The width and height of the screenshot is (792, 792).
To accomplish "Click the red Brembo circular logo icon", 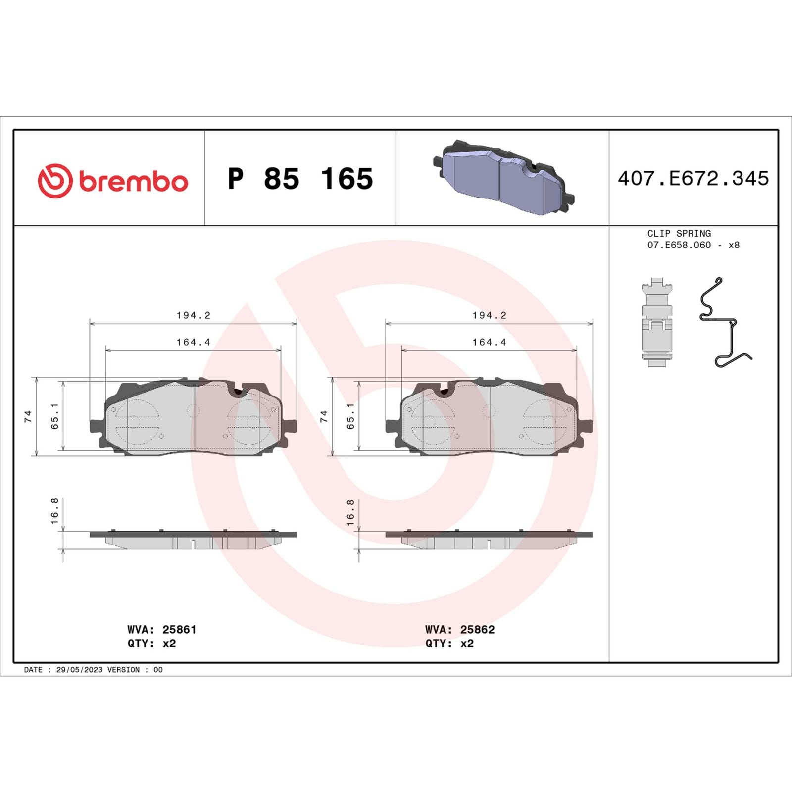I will [x=55, y=181].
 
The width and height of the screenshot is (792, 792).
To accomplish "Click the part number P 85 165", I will [x=300, y=179].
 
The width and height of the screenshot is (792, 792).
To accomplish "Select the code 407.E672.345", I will [x=693, y=179].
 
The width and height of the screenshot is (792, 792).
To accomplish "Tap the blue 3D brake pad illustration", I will [x=503, y=178].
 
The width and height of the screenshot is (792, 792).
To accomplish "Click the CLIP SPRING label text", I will [x=679, y=233].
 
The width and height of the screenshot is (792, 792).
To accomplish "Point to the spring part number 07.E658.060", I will [x=679, y=245].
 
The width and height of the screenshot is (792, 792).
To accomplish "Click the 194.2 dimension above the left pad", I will [x=193, y=315].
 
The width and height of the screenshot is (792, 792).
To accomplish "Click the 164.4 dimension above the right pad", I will [x=489, y=342].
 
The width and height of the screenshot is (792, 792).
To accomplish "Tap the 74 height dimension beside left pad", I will [x=28, y=416].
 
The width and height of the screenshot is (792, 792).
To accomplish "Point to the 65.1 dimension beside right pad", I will [x=350, y=416].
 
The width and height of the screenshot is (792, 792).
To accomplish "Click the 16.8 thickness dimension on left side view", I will [x=54, y=511].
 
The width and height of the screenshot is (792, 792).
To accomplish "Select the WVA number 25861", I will [x=179, y=629].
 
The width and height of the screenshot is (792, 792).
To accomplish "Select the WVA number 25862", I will [x=477, y=629].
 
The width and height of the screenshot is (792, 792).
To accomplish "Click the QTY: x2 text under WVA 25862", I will [x=449, y=643].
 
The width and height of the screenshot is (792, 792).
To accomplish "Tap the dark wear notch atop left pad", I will [x=238, y=391].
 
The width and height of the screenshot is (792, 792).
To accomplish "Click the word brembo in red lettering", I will [x=133, y=182].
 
